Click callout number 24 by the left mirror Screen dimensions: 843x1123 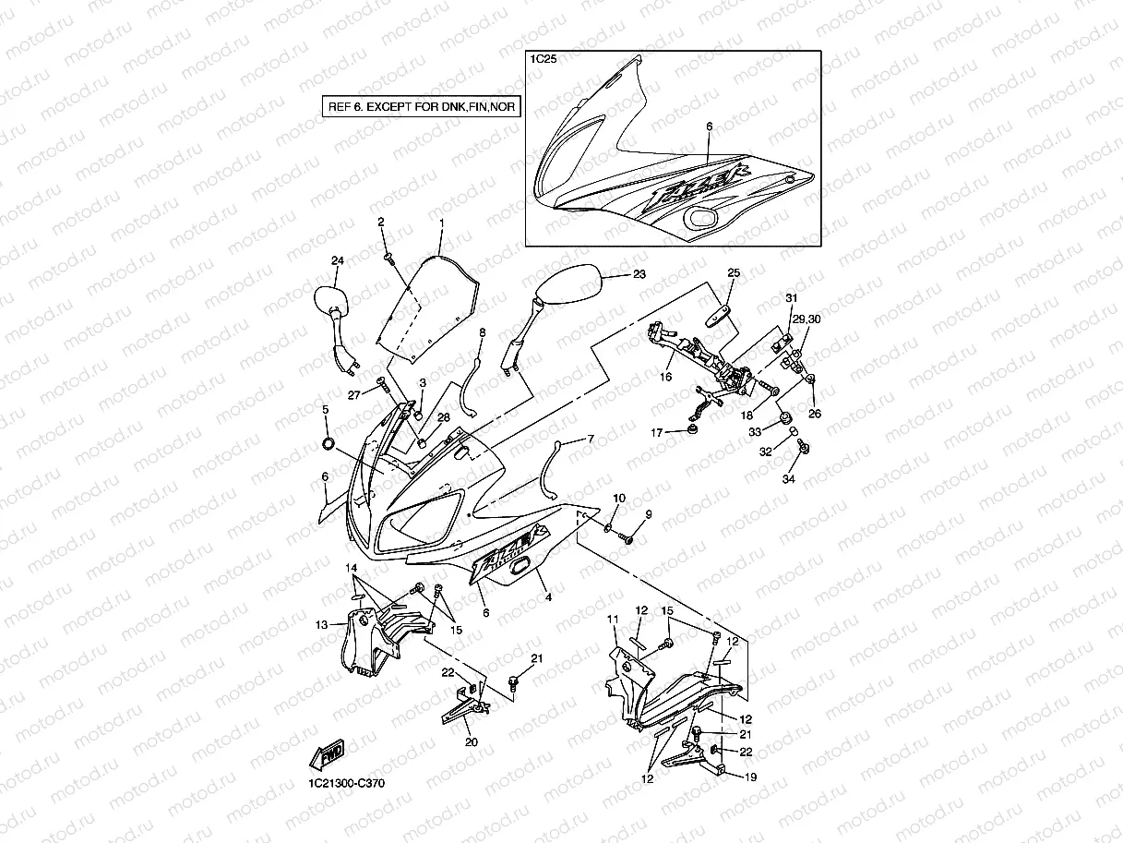pos(337,261)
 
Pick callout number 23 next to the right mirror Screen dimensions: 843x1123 pos(639,274)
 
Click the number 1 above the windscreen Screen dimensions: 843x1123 pos(441,223)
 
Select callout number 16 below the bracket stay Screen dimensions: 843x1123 pos(666,378)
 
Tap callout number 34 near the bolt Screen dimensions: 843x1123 pos(788,478)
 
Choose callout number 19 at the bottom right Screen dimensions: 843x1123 pos(750,777)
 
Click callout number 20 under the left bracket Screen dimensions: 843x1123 pos(472,741)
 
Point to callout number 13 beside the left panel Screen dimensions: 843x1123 pos(321,625)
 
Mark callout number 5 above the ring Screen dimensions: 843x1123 pos(325,408)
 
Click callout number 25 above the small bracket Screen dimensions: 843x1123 pos(734,272)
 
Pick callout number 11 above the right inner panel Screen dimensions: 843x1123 pos(612,618)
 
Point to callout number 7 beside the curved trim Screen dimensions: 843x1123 pos(591,439)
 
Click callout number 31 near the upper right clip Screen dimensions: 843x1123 pos(791,297)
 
